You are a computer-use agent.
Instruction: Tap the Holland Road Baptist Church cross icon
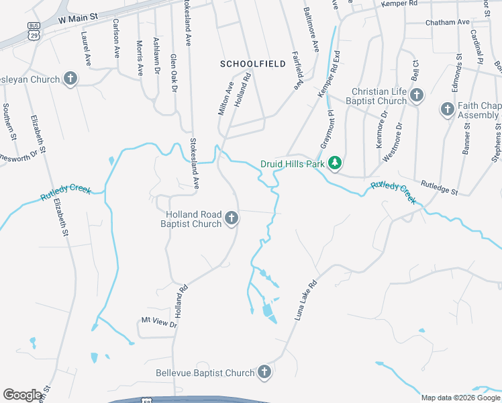[232, 218]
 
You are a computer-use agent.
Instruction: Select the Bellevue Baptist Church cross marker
[264, 372]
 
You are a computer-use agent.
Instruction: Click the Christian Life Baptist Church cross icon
[416, 95]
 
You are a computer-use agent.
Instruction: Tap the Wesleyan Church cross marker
[70, 79]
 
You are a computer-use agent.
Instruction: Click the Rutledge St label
[439, 187]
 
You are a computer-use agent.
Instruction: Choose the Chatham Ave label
[448, 22]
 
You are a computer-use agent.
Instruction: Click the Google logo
[23, 395]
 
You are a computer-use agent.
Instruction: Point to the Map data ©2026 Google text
[460, 398]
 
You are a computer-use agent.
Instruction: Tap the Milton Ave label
[226, 98]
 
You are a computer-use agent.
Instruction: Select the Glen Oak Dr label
[174, 73]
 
